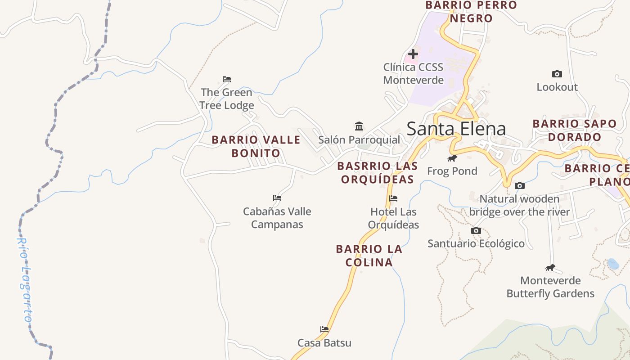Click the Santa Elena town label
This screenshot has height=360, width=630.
tap(456, 129)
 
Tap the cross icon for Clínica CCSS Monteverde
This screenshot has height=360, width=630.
tap(413, 54)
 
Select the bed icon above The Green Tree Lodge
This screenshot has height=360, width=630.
tap(227, 79)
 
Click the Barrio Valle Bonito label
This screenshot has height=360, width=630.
tap(256, 146)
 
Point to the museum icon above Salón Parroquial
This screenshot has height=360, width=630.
tap(359, 126)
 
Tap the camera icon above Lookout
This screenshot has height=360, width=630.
tap(557, 74)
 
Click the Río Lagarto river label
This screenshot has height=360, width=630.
tap(25, 279)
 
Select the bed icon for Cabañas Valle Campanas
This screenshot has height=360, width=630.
tap(277, 198)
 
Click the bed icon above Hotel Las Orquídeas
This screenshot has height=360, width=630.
tap(393, 198)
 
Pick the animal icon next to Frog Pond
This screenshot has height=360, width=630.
tap(452, 158)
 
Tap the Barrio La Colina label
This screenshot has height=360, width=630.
tap(369, 255)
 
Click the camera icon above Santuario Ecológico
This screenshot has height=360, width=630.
tap(476, 230)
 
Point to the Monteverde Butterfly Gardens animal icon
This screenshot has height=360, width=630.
tap(550, 268)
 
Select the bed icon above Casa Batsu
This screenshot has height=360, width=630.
tap(324, 329)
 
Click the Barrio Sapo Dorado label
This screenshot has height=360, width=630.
tap(574, 130)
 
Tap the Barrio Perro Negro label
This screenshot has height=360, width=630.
tap(471, 12)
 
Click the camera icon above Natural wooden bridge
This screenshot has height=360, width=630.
tap(519, 185)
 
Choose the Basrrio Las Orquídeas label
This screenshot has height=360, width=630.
tap(377, 172)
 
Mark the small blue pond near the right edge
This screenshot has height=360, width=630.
tap(612, 264)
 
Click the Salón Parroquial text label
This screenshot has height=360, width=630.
tap(359, 140)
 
